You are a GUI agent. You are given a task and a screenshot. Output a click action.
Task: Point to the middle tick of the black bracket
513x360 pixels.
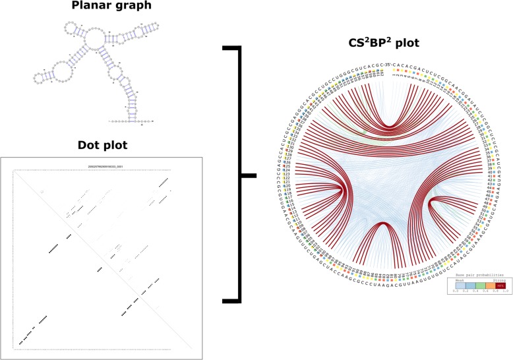[x=247, y=175]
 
